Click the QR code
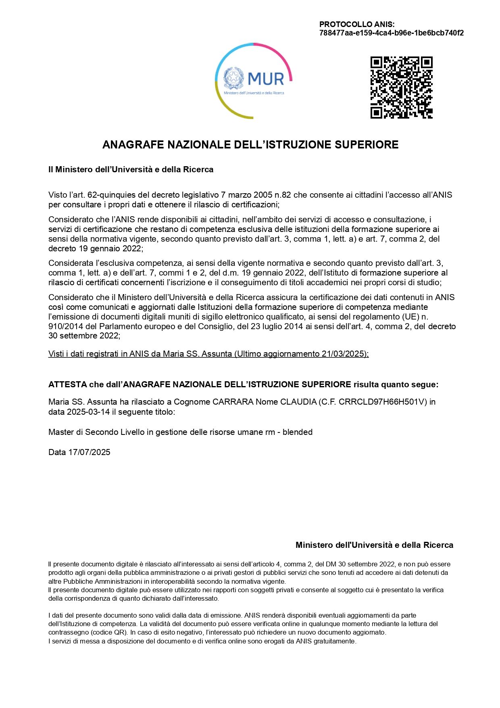[x=401, y=87]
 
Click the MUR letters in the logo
[x=266, y=79]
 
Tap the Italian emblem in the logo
[x=234, y=78]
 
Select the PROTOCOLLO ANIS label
[x=357, y=25]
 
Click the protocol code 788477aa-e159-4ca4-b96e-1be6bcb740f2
[x=391, y=33]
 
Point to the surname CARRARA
[x=233, y=402]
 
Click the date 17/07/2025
[x=89, y=452]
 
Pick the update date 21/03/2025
[x=343, y=354]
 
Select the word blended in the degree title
[x=297, y=432]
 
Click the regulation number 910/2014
[x=65, y=326]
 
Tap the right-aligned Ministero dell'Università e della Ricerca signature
[x=374, y=545]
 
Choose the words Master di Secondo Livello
[x=96, y=432]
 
